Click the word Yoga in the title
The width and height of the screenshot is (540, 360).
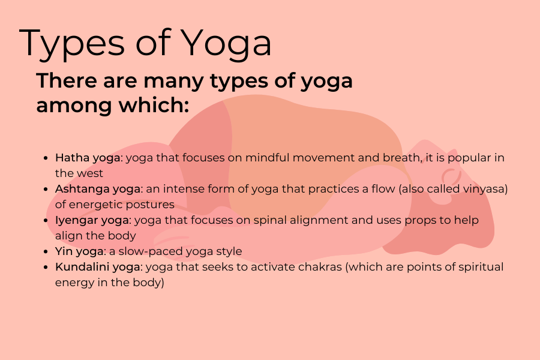pos(226,44)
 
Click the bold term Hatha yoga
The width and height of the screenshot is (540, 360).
pos(88,158)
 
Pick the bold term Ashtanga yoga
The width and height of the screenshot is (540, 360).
pos(98,190)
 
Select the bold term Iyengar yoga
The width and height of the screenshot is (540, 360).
pos(92,221)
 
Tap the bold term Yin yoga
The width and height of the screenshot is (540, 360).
pos(79,252)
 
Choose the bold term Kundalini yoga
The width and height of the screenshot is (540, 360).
pos(98,268)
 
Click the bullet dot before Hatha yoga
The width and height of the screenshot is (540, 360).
pos(46,158)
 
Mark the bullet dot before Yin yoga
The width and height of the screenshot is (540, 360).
pos(46,252)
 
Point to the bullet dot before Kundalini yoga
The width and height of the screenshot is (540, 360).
pos(46,268)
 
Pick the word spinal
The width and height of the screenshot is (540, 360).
pos(269,221)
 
